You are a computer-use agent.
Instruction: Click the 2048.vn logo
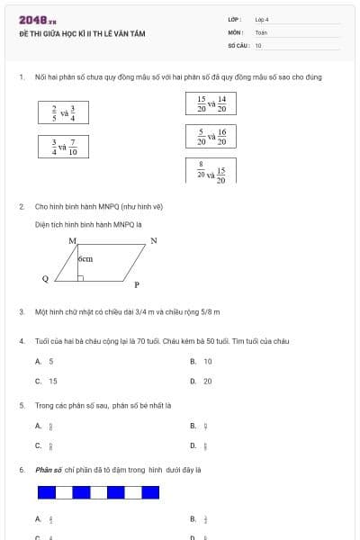[x=37, y=20]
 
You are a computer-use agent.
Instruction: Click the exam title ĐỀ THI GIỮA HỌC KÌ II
[x=81, y=33]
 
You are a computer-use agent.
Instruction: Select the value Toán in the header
[x=261, y=31]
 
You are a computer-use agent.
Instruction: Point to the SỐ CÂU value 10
[x=258, y=44]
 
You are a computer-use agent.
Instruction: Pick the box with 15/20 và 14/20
[x=211, y=104]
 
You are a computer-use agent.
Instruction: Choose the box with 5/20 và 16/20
[x=211, y=137]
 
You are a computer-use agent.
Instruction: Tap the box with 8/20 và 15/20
[x=211, y=170]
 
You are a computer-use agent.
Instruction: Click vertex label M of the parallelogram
[x=72, y=241]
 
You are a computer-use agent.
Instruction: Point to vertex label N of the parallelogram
[x=154, y=240]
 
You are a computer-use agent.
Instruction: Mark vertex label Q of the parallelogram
[x=45, y=279]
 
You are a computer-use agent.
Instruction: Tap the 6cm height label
[x=85, y=258]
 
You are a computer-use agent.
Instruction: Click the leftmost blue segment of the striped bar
[x=46, y=492]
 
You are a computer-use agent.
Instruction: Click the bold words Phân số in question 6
[x=47, y=470]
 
